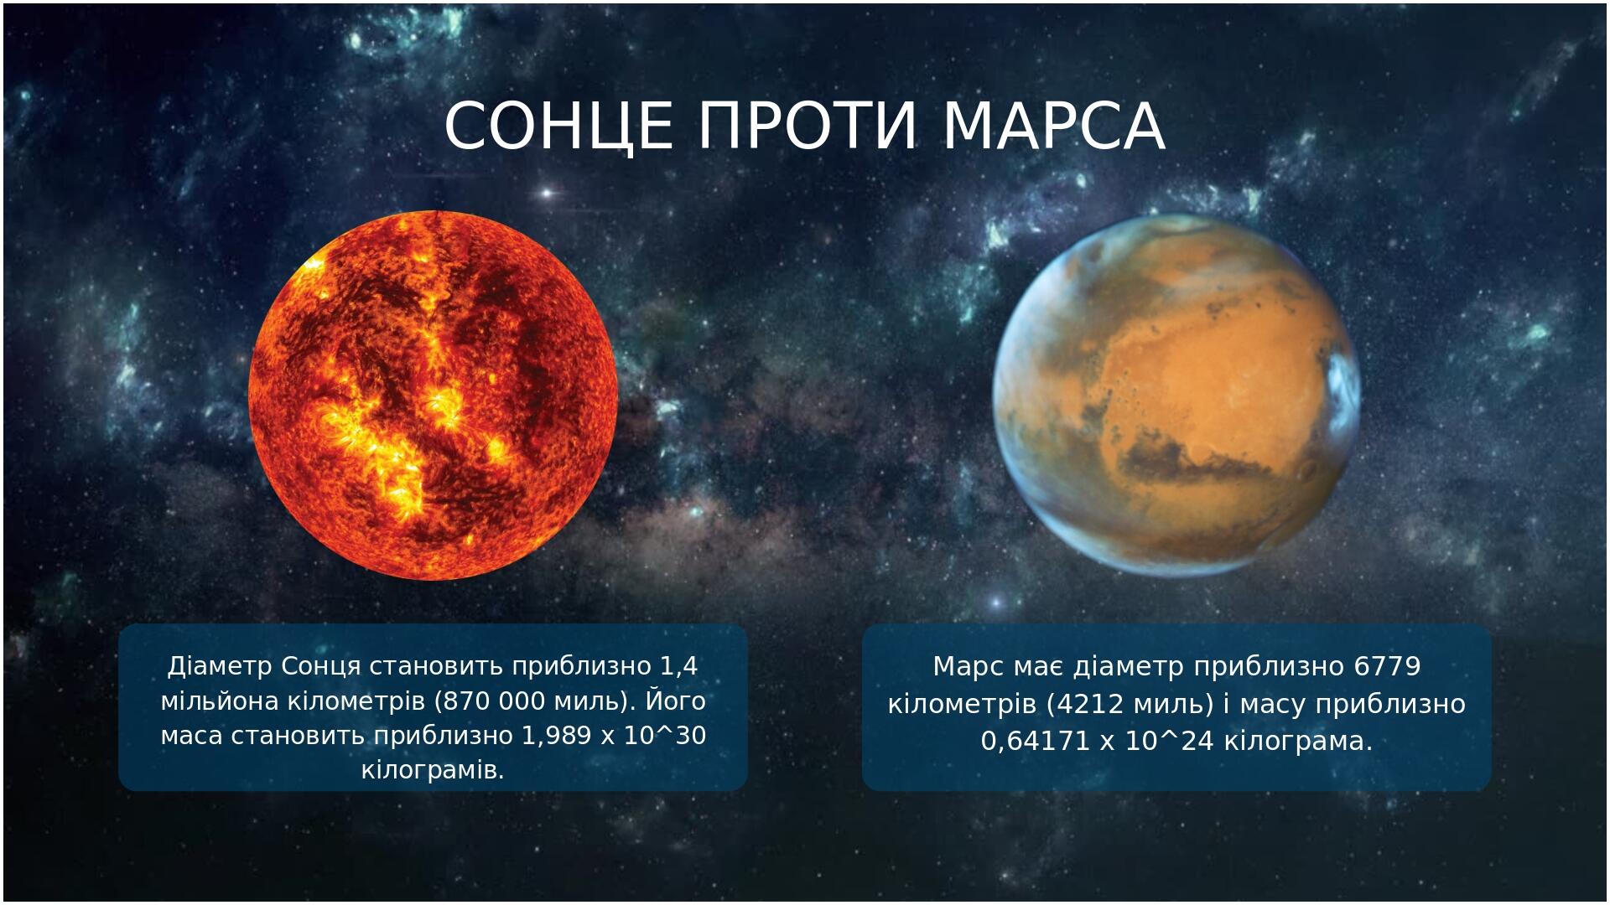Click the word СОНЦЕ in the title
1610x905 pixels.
pos(558,127)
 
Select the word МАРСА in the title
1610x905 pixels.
pos(1054,127)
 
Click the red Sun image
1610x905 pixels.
pos(434,395)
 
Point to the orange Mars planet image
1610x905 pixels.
pos(1176,395)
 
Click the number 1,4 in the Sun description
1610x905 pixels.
pos(679,667)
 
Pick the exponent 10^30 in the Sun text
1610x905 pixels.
pos(667,736)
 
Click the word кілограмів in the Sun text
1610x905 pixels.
pos(433,770)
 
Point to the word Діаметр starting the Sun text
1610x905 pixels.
pos(221,667)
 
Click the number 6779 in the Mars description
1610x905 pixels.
pos(1387,667)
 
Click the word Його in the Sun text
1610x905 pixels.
pos(677,701)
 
